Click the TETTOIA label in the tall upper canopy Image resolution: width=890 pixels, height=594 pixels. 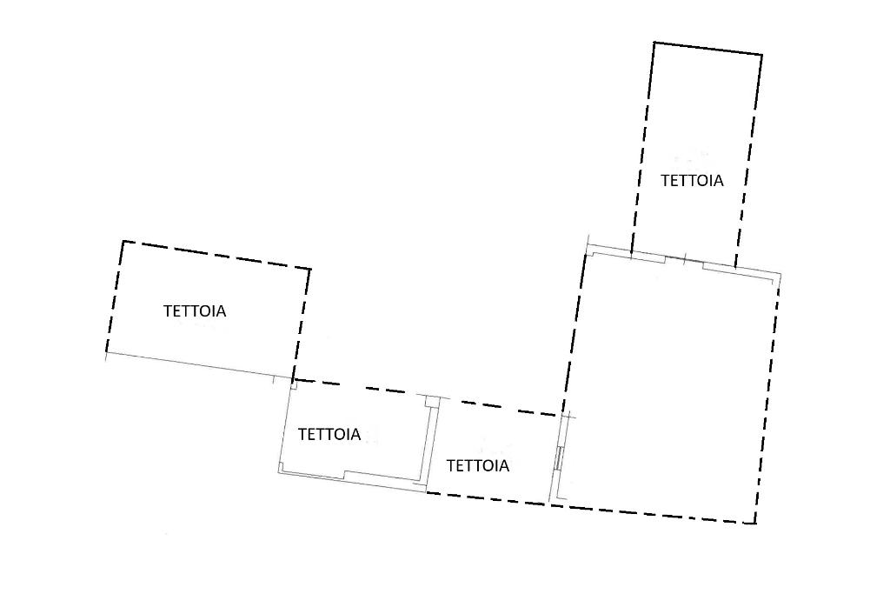[692, 181]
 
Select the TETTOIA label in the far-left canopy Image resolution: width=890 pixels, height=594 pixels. [195, 310]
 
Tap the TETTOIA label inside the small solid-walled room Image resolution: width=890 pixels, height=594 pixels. [329, 435]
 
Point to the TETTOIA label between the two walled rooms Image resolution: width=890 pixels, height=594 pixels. [477, 465]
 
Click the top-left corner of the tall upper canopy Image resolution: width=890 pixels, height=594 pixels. [654, 43]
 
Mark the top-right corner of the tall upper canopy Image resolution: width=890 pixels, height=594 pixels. [762, 56]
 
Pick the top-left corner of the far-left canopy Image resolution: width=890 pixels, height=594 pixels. [122, 241]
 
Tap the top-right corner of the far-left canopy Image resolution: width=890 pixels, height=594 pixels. [310, 270]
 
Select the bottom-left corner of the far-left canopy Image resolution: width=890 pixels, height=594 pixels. [106, 353]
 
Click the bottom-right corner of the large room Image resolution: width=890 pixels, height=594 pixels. [754, 524]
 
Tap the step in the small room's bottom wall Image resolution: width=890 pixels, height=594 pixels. [345, 475]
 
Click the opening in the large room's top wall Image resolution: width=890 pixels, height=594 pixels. [684, 261]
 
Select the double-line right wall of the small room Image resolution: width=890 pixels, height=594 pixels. [433, 444]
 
